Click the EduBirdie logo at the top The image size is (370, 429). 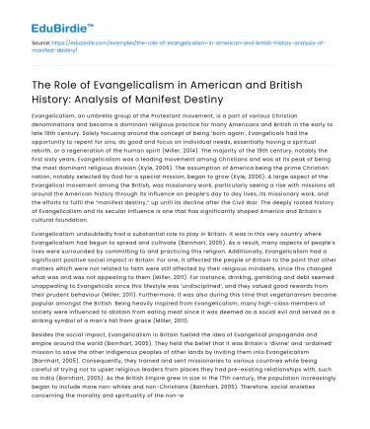[49, 17]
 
